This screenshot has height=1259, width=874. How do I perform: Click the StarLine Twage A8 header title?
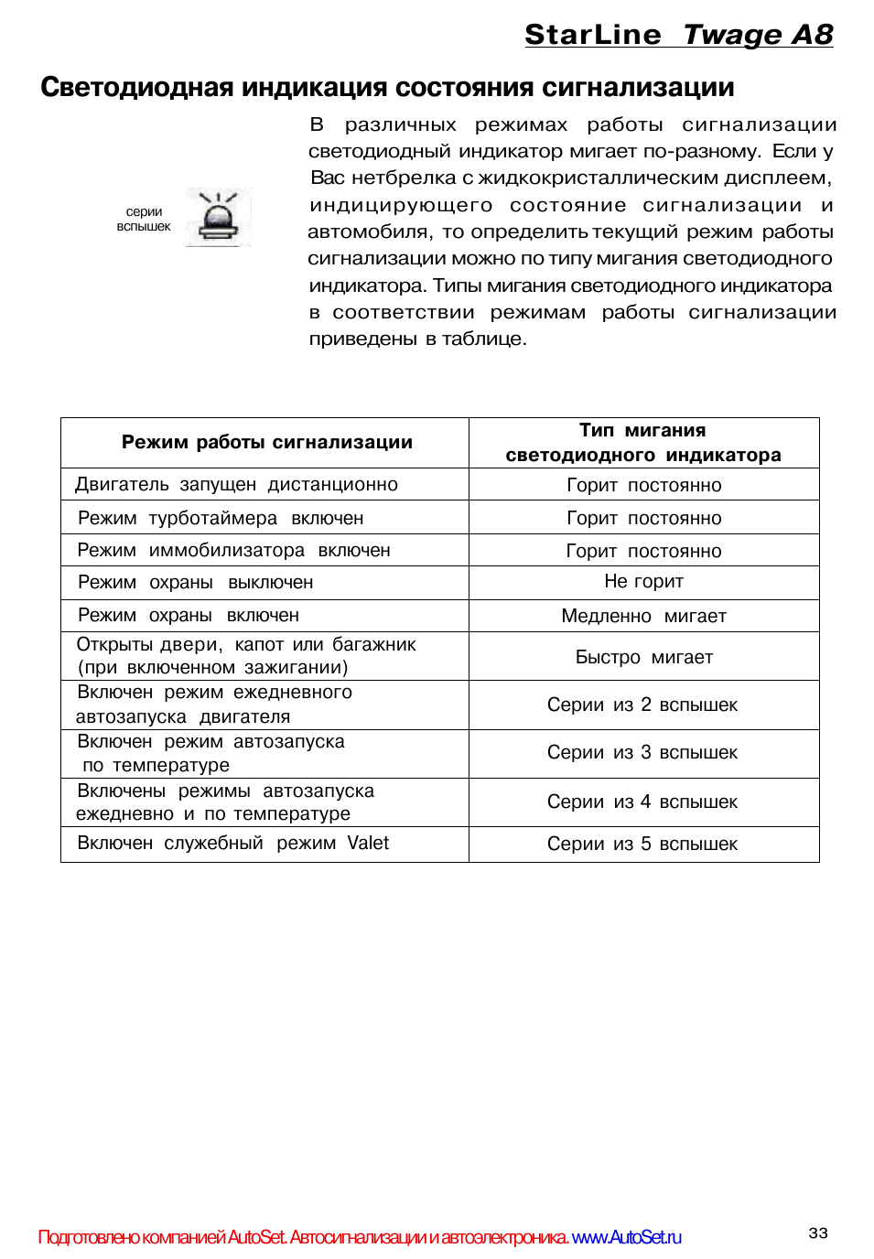(x=678, y=35)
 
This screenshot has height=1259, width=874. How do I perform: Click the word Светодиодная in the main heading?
(x=137, y=88)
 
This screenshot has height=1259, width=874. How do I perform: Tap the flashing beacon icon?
(x=218, y=218)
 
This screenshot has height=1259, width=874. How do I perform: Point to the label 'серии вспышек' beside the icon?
(x=144, y=219)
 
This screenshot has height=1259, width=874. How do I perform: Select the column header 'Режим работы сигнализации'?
(x=266, y=443)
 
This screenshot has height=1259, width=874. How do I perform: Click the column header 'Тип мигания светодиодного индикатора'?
(x=643, y=443)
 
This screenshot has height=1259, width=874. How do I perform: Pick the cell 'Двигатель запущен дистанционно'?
(x=236, y=485)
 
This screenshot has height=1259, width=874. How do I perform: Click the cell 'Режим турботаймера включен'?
(x=221, y=519)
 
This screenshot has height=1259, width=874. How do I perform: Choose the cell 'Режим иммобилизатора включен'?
(x=233, y=551)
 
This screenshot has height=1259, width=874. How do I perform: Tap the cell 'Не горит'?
(x=643, y=582)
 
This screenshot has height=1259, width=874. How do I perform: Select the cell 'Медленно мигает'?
(x=643, y=617)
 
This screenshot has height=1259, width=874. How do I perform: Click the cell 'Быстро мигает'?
(x=643, y=658)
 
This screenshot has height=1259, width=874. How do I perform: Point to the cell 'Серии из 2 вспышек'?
(x=642, y=705)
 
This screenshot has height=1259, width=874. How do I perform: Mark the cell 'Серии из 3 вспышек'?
(x=642, y=753)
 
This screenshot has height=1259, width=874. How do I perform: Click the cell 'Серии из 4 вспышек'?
(x=642, y=802)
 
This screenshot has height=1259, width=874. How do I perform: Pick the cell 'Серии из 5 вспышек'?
(x=642, y=845)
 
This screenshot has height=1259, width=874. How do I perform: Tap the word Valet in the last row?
(x=368, y=844)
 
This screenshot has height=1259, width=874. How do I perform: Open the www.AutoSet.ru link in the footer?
(x=627, y=1238)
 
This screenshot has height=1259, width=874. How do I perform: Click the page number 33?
(x=818, y=1233)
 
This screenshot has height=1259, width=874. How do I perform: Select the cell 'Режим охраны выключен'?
(x=195, y=583)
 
